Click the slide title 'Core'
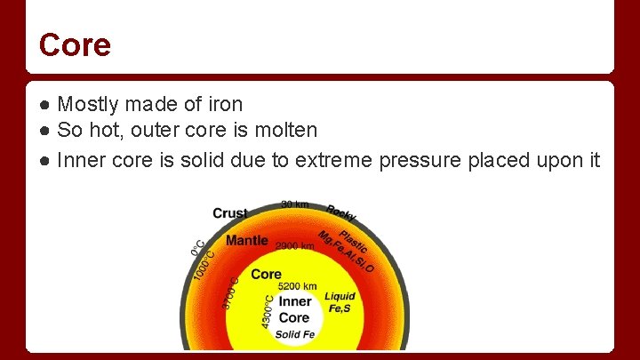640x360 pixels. [75, 44]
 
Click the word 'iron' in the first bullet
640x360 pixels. [222, 105]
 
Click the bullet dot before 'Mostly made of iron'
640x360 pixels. [44, 105]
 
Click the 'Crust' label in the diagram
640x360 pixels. [230, 213]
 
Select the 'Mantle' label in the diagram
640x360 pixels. [246, 241]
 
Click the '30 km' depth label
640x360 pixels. [295, 205]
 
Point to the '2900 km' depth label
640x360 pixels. [295, 246]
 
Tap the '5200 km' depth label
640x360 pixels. [297, 287]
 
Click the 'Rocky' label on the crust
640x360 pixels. [341, 213]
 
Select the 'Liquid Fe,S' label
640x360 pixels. [340, 302]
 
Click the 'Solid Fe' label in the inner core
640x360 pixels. [294, 334]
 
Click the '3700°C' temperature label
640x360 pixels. [230, 292]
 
